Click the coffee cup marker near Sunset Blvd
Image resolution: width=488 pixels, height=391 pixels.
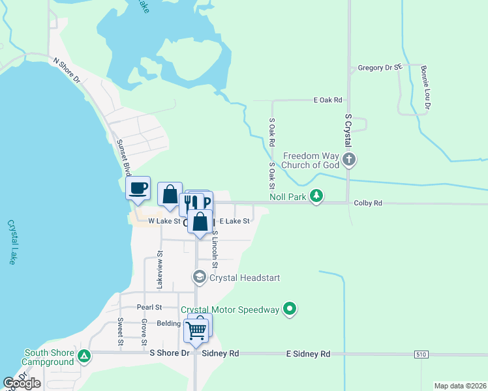[x=138, y=189]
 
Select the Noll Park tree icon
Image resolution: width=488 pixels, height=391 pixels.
[x=316, y=195]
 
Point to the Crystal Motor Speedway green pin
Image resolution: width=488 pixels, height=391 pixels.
[x=290, y=310]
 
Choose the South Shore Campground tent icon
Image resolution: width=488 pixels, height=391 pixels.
[x=84, y=356]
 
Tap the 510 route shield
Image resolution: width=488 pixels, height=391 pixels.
[x=421, y=354]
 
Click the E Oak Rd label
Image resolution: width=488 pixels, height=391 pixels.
[x=328, y=100]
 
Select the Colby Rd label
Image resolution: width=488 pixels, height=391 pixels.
[x=368, y=203]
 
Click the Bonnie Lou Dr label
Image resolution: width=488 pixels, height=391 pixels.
[x=426, y=87]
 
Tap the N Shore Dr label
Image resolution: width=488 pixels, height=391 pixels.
[x=66, y=70]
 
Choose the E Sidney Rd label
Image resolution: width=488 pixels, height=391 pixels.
[x=308, y=354]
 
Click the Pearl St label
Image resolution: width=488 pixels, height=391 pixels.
[x=149, y=307]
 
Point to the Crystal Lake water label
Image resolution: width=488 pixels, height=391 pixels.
[x=12, y=241]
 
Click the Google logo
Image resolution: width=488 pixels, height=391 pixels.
[x=22, y=383]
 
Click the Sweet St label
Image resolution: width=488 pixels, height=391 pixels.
[x=121, y=332]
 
